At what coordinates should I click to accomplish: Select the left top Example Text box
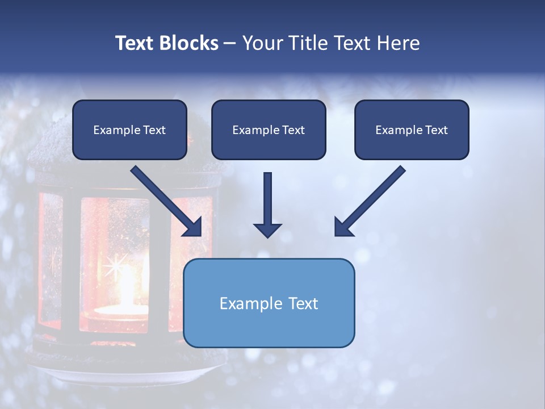pos(129,130)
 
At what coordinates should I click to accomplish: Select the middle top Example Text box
pos(269,130)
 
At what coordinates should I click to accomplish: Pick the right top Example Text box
pos(412,130)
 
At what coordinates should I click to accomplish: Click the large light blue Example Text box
pos(269,303)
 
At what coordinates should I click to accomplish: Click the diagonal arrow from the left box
pos(166,201)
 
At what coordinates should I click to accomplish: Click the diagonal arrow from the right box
pos(370,201)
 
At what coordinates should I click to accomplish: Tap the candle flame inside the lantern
pos(126,290)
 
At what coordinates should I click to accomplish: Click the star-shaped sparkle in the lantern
pos(119,265)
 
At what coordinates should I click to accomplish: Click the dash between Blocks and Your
pos(230,43)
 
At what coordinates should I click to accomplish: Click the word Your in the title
pos(262,43)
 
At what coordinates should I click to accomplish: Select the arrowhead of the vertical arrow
pos(267,229)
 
